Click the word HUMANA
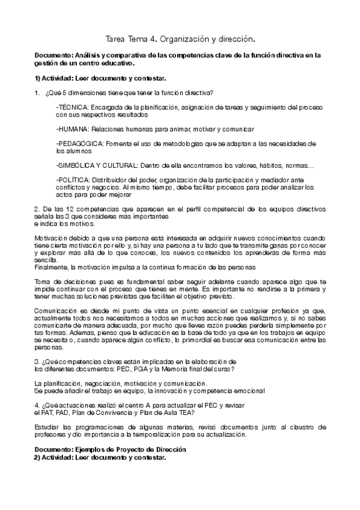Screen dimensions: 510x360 click(73, 129)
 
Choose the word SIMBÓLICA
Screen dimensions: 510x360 click(76, 165)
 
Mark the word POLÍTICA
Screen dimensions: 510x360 click(75, 179)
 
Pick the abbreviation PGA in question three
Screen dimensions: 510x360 click(133, 368)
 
